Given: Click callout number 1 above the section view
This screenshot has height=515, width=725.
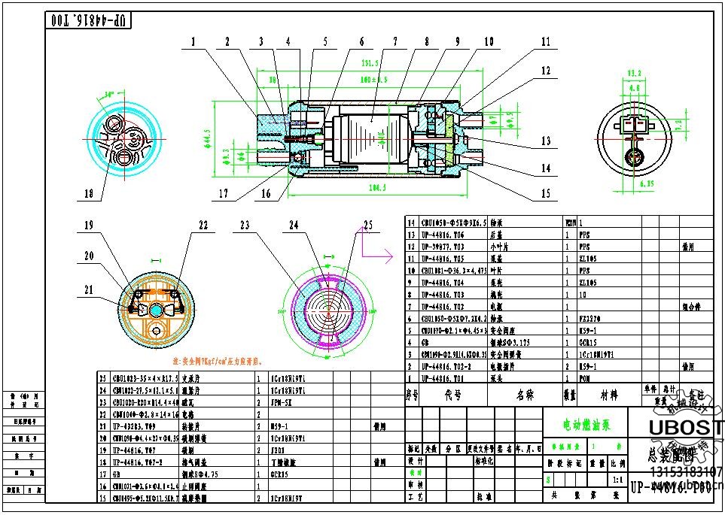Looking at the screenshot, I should tap(193, 42).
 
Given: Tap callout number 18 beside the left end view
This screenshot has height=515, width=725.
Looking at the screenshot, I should tap(89, 194).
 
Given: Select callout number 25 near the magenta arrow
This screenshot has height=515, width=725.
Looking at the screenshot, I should tap(367, 224).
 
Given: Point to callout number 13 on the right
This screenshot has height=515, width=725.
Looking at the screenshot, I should tap(546, 141).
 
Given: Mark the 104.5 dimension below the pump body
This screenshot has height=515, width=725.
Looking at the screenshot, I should tap(373, 187).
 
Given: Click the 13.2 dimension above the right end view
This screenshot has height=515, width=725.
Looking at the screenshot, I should tap(635, 73).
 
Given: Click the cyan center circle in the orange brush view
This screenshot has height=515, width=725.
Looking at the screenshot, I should tap(156, 311).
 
